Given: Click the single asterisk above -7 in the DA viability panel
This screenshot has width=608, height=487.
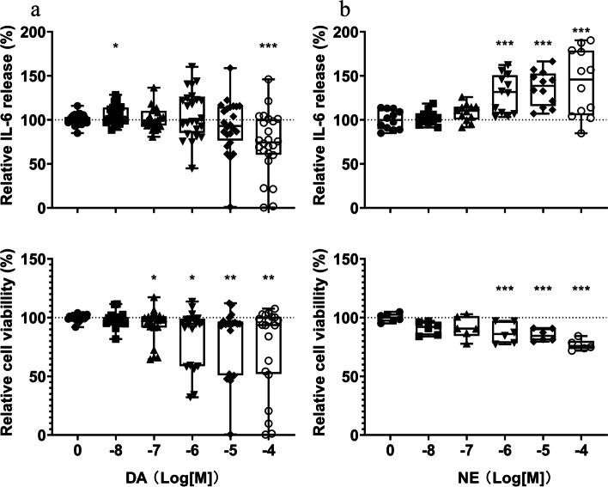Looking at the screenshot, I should click(153, 279).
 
